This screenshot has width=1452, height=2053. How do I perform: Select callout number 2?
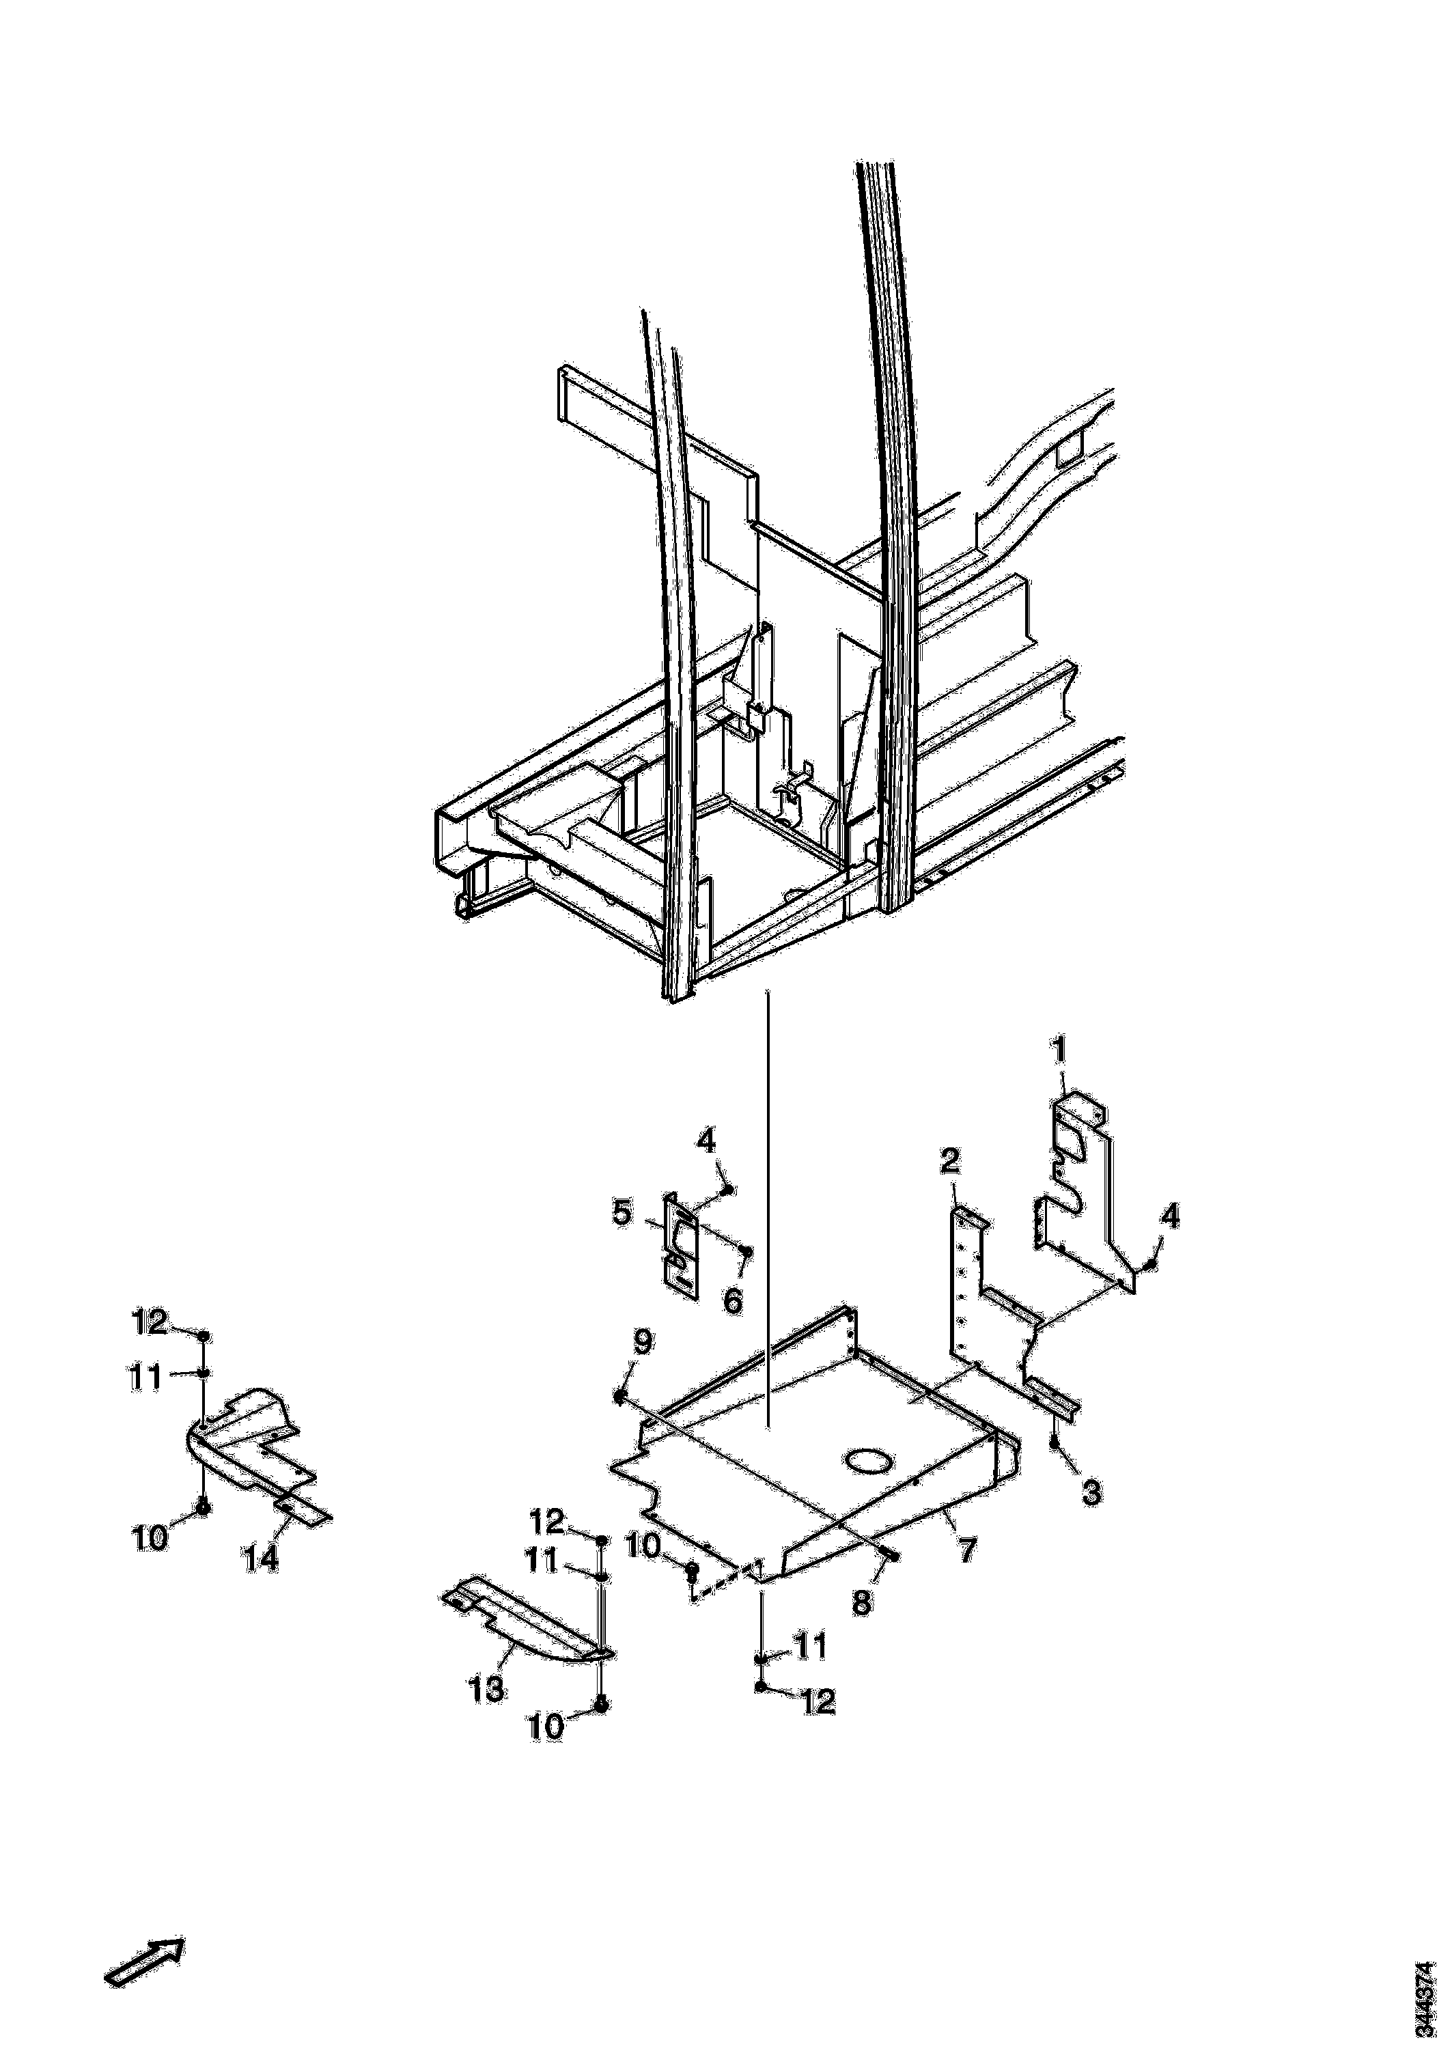949,1162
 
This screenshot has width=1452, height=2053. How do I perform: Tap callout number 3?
1091,1492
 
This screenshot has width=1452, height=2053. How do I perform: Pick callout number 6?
732,1301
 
